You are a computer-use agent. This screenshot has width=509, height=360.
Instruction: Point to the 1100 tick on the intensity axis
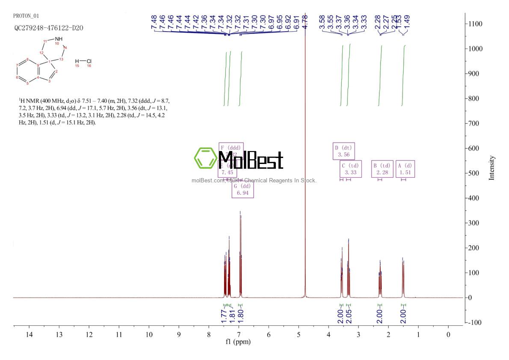point(475,24)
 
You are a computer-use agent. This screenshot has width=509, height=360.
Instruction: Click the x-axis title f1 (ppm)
point(239,342)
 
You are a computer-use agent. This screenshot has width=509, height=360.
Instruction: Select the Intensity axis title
point(492,168)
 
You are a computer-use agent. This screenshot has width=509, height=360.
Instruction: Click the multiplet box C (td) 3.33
point(350,169)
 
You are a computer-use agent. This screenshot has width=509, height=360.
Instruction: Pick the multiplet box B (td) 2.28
point(382,169)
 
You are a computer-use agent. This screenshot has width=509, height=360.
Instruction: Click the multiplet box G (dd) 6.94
point(243,190)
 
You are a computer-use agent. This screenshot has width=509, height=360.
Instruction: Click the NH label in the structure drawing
point(59,39)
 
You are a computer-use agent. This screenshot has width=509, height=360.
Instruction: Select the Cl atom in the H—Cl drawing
point(89,61)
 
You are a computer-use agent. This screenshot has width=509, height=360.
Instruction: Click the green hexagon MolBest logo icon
point(206,158)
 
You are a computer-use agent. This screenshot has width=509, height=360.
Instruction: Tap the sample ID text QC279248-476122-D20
point(48,28)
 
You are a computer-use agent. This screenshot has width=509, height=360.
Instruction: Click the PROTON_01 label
point(26,16)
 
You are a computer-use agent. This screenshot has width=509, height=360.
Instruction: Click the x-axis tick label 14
point(29,334)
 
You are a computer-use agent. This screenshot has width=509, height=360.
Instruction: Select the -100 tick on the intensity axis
point(475,322)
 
